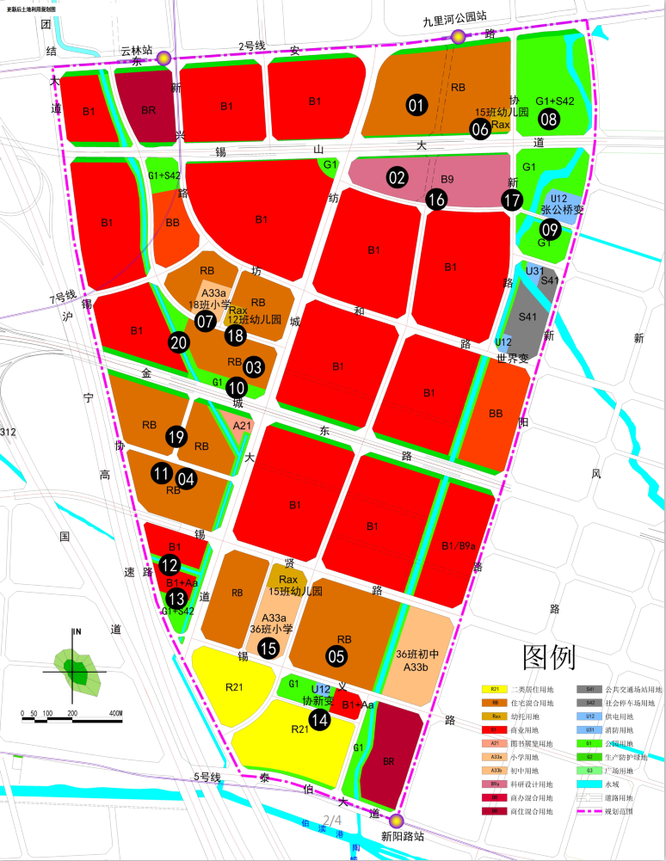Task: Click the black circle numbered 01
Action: click(417, 106)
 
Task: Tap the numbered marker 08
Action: click(549, 120)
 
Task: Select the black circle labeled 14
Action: click(319, 720)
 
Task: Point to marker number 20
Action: click(179, 342)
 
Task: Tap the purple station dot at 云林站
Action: click(163, 58)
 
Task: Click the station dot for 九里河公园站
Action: click(459, 37)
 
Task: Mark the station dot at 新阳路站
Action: click(396, 820)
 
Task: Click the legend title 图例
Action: click(548, 658)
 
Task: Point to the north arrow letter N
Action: click(77, 632)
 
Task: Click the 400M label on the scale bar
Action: click(115, 714)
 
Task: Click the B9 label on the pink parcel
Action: click(447, 180)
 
